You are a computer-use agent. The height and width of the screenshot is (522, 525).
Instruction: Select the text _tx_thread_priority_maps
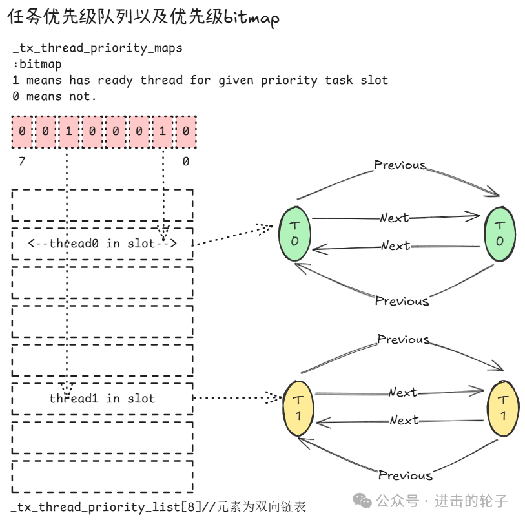98,48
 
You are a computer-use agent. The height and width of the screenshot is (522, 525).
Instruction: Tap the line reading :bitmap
37,64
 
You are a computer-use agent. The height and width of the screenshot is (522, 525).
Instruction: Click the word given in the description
236,81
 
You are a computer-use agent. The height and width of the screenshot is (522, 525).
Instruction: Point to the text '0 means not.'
54,96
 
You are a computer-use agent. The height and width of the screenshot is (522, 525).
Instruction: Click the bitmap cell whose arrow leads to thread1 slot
69,131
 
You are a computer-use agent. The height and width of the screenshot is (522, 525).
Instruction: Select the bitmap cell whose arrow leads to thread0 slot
163,131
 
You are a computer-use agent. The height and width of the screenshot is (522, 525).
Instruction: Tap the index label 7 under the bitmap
22,162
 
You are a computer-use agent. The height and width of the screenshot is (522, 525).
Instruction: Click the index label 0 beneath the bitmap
186,162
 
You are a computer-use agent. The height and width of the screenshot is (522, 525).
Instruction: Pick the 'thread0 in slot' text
102,244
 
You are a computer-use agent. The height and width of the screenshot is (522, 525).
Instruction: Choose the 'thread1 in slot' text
102,399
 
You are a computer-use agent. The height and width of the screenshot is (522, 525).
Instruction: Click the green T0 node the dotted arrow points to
295,233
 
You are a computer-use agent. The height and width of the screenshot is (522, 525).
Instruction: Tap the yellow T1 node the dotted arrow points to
298,408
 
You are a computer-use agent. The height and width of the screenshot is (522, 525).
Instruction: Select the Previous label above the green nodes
400,165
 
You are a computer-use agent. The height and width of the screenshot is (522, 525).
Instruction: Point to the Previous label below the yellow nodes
406,475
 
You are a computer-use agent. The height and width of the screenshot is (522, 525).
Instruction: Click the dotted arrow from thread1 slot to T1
237,398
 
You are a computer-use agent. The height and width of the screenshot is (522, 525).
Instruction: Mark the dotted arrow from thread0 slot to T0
234,235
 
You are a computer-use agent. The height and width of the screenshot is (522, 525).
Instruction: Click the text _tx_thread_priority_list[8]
106,507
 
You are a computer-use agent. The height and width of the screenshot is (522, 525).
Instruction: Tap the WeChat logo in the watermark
362,501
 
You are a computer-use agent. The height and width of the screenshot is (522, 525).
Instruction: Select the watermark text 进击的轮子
471,501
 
